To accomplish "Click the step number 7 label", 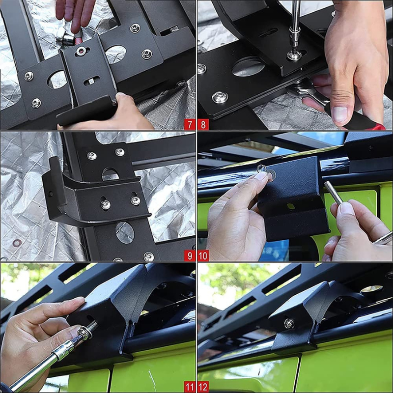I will tap(190, 125).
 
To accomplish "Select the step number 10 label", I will tap(203, 255).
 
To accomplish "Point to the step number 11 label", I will tap(190, 387).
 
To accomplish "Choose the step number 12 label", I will tap(203, 387).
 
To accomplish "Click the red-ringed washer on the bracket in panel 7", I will tap(80, 51).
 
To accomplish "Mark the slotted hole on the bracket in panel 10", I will tap(290, 206).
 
